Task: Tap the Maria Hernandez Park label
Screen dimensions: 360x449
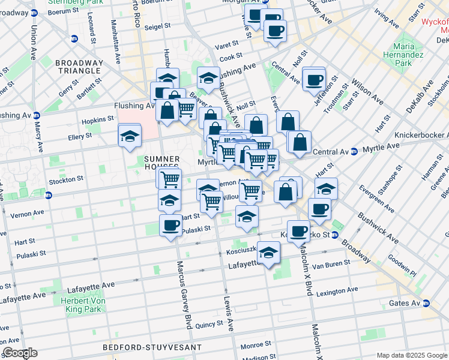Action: (x=411, y=55)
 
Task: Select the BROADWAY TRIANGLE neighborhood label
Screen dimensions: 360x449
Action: (x=79, y=67)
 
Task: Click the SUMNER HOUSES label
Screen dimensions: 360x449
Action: (x=162, y=163)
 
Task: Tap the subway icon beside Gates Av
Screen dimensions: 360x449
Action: (x=427, y=304)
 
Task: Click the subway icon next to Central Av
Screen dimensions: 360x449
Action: (x=354, y=150)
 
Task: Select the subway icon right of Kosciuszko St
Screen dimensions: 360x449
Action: (x=335, y=235)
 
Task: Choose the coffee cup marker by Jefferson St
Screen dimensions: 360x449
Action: (x=314, y=79)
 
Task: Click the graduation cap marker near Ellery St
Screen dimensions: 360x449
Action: (x=129, y=136)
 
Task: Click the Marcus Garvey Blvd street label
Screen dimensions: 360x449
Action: (x=182, y=294)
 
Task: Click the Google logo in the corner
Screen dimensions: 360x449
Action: (x=20, y=353)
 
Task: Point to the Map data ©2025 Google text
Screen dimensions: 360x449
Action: (x=411, y=355)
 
